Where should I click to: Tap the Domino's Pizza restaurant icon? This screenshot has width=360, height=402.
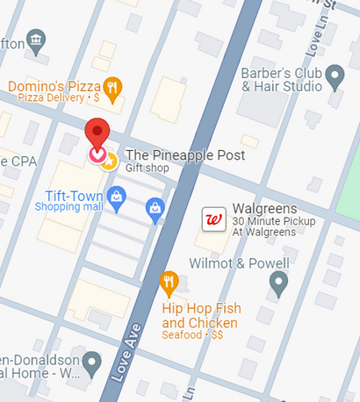click(x=112, y=87)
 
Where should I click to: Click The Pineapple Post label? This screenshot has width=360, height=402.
click(x=185, y=154)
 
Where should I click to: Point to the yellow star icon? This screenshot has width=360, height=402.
click(x=108, y=160)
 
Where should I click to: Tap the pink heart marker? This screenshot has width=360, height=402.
click(x=97, y=154)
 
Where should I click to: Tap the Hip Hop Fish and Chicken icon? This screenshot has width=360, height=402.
click(x=170, y=283)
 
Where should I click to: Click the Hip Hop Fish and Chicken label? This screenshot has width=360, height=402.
click(x=201, y=315)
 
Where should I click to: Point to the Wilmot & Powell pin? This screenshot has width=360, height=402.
click(x=278, y=284)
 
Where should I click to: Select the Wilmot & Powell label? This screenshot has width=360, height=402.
click(x=240, y=263)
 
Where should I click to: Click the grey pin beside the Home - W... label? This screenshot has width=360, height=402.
click(x=92, y=362)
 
